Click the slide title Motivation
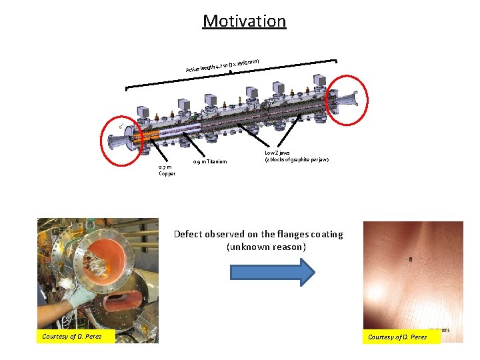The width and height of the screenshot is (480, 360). (244, 21)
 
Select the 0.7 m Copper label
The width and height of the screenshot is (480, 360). (165, 170)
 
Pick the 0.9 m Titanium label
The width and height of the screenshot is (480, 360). (209, 161)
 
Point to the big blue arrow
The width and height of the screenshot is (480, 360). (272, 271)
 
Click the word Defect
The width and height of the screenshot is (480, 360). (188, 234)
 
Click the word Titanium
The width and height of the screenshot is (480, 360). (216, 161)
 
